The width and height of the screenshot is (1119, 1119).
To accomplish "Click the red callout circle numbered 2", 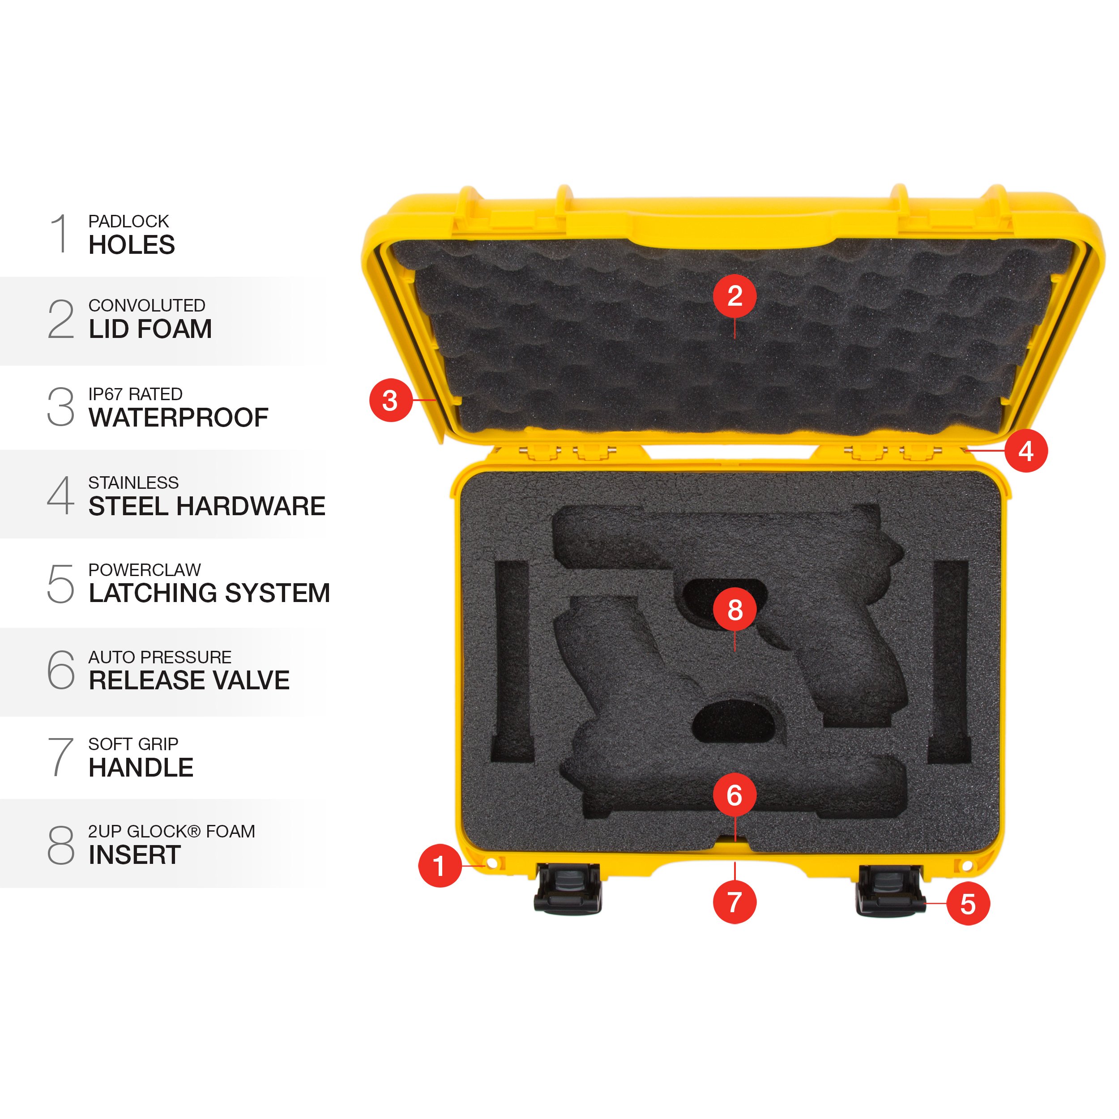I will pyautogui.click(x=735, y=296).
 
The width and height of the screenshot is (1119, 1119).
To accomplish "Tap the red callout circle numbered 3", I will pyautogui.click(x=390, y=400).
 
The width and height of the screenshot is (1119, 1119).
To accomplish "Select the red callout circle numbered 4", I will pyautogui.click(x=1026, y=451).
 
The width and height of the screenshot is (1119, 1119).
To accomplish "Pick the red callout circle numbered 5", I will pyautogui.click(x=968, y=904).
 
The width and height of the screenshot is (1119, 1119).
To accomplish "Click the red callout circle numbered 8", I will pyautogui.click(x=735, y=609).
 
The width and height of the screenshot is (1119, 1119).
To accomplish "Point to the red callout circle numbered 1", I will pyautogui.click(x=440, y=866).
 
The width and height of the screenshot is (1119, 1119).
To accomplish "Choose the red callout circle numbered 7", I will pyautogui.click(x=735, y=902).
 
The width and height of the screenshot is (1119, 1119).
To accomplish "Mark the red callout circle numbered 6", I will pyautogui.click(x=735, y=795).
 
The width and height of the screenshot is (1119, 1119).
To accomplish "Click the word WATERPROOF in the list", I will pyautogui.click(x=179, y=418).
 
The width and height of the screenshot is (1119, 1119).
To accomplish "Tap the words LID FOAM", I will pyautogui.click(x=150, y=329).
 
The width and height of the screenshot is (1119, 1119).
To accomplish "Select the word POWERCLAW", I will pyautogui.click(x=144, y=570).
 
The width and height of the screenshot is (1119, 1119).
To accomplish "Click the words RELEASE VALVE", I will pyautogui.click(x=189, y=680).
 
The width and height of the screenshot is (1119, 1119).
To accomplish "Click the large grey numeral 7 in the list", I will pyautogui.click(x=60, y=757).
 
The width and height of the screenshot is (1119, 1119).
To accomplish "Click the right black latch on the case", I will pyautogui.click(x=889, y=890).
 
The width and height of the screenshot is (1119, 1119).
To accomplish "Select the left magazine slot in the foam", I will pyautogui.click(x=512, y=660).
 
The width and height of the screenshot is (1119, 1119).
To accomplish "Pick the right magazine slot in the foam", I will pyautogui.click(x=950, y=660).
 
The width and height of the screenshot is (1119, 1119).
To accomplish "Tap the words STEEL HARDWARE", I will pyautogui.click(x=207, y=506).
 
